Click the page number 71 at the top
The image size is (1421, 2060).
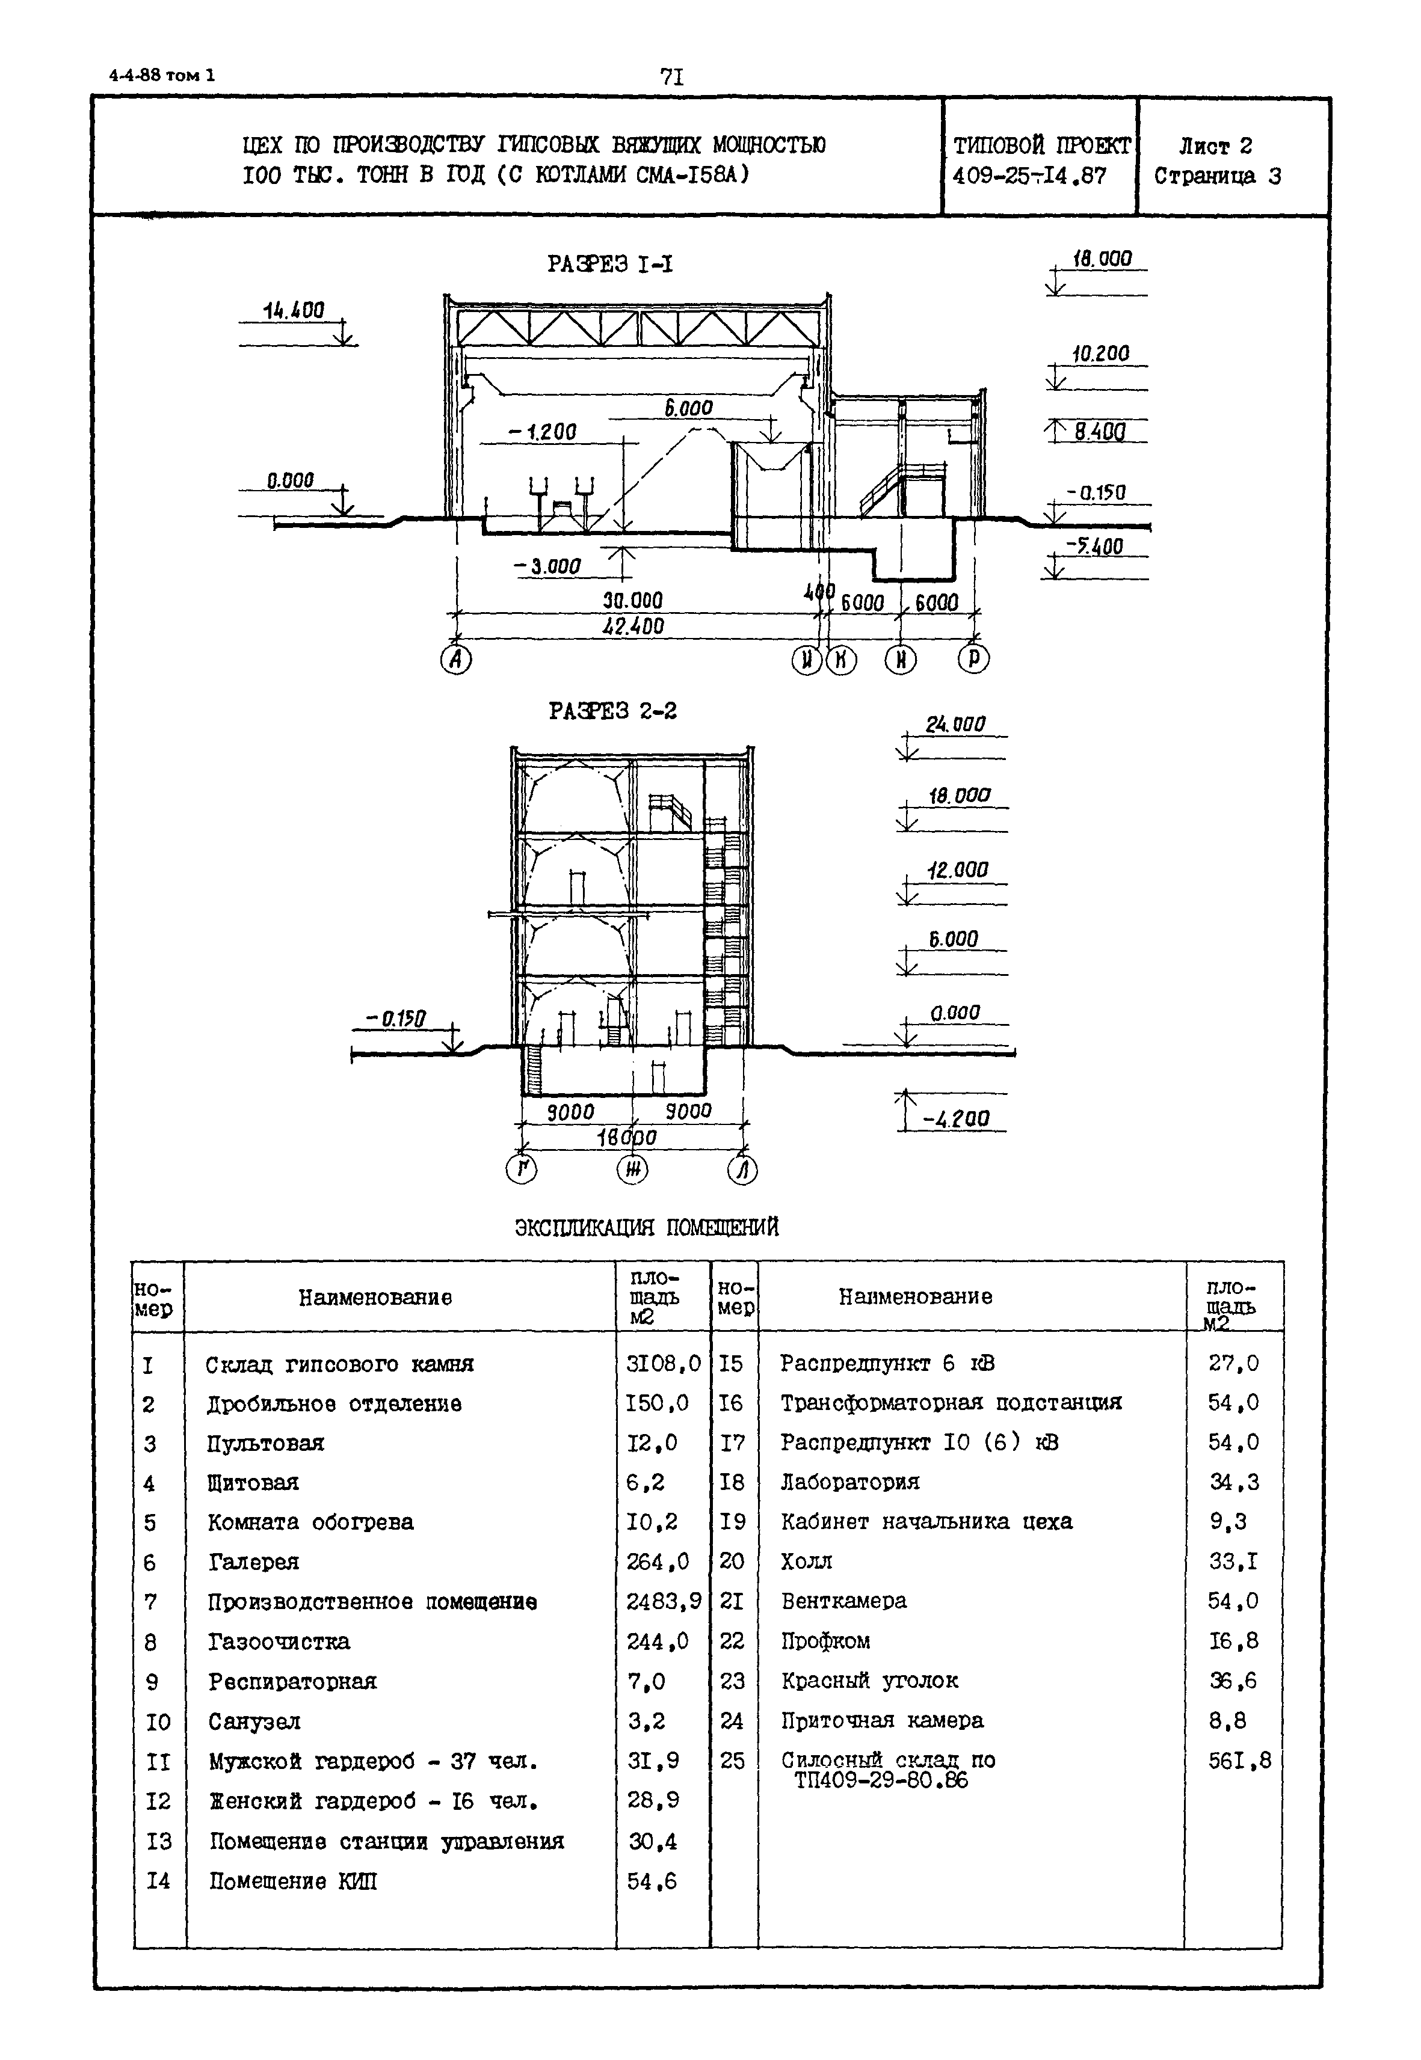tap(672, 78)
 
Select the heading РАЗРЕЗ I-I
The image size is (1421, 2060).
tap(610, 265)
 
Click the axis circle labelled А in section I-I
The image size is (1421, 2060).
tap(456, 660)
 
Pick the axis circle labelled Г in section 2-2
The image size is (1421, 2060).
tap(522, 1168)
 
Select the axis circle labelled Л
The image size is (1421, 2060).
tap(742, 1168)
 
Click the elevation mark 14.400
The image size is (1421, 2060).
tap(294, 310)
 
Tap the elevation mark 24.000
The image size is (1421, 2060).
tap(955, 725)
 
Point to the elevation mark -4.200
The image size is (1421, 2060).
tap(955, 1118)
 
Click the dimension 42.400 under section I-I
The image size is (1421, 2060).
tap(633, 627)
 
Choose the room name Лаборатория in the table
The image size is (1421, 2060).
tap(849, 1482)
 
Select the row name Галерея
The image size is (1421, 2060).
tap(254, 1562)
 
